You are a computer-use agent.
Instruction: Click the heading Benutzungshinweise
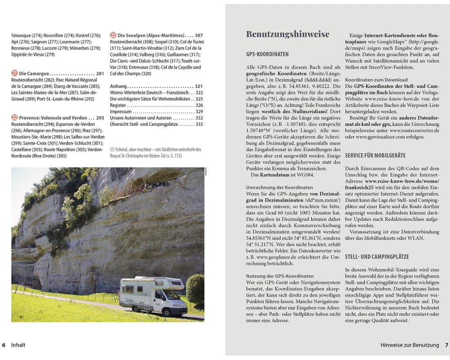[x=288, y=34]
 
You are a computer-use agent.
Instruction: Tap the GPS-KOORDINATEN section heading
[x=267, y=54]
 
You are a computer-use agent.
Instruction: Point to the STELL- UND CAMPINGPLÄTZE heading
[x=377, y=257]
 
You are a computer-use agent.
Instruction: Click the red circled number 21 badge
[x=14, y=73]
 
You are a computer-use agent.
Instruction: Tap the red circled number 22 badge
[x=14, y=118]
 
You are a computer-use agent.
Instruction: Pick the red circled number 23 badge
[x=113, y=35]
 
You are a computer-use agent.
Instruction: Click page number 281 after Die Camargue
[x=100, y=73]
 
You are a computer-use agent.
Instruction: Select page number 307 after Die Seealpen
[x=198, y=36]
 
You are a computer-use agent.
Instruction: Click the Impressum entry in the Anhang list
[x=121, y=112]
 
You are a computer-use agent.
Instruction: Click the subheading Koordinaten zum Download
[x=376, y=80]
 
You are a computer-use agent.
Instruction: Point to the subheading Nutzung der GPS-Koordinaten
[x=280, y=276]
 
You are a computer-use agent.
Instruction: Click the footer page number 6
[x=4, y=345]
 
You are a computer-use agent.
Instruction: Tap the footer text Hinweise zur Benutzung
[x=409, y=345]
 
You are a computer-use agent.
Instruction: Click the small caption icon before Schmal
[x=112, y=149]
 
